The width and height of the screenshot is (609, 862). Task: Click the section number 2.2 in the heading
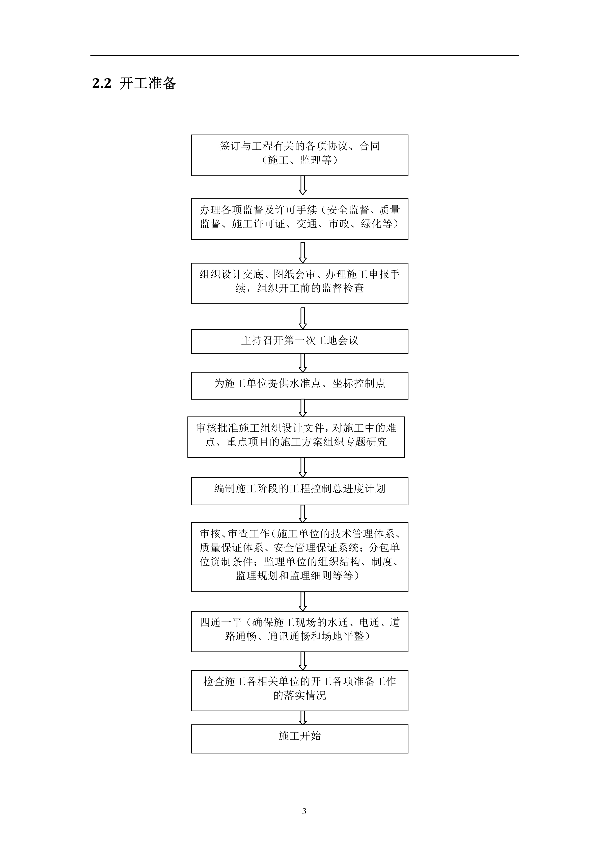pos(102,83)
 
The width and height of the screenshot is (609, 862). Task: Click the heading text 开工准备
pos(148,83)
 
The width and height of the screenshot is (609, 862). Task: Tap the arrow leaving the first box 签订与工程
pos(303,186)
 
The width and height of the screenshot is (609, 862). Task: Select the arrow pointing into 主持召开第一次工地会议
pos(303,318)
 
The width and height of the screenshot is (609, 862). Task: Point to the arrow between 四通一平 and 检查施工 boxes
pos(303,661)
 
